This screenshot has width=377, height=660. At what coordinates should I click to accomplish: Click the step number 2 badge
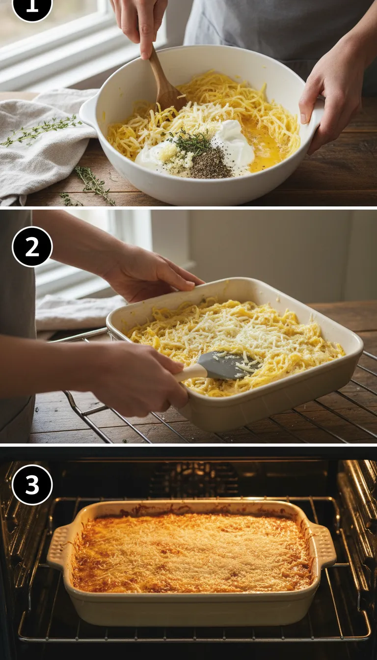32,247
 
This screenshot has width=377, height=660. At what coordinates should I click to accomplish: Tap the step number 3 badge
32,485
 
